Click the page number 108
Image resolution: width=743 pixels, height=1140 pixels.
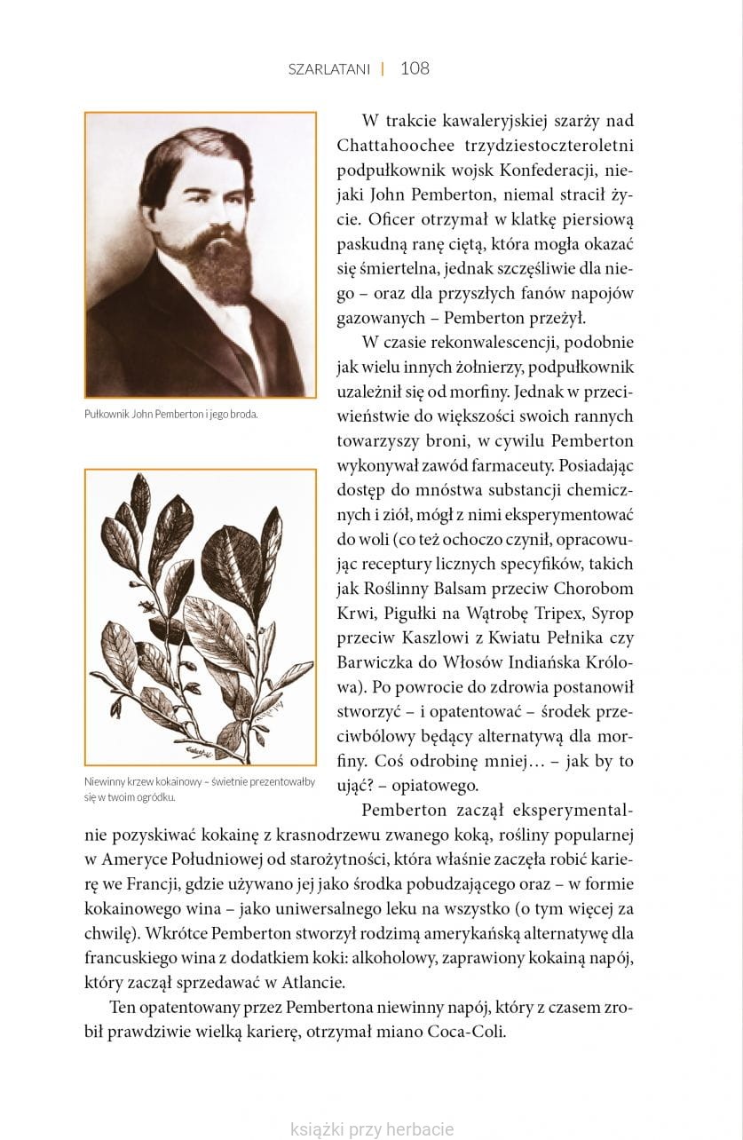(x=415, y=68)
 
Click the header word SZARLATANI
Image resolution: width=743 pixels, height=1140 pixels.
(x=328, y=69)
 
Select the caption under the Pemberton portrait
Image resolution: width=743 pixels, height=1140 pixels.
(x=170, y=414)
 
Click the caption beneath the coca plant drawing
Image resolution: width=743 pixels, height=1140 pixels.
(x=199, y=788)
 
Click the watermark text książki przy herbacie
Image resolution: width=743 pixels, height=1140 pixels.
(x=372, y=1129)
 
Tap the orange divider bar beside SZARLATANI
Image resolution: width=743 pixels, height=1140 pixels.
(x=383, y=68)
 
